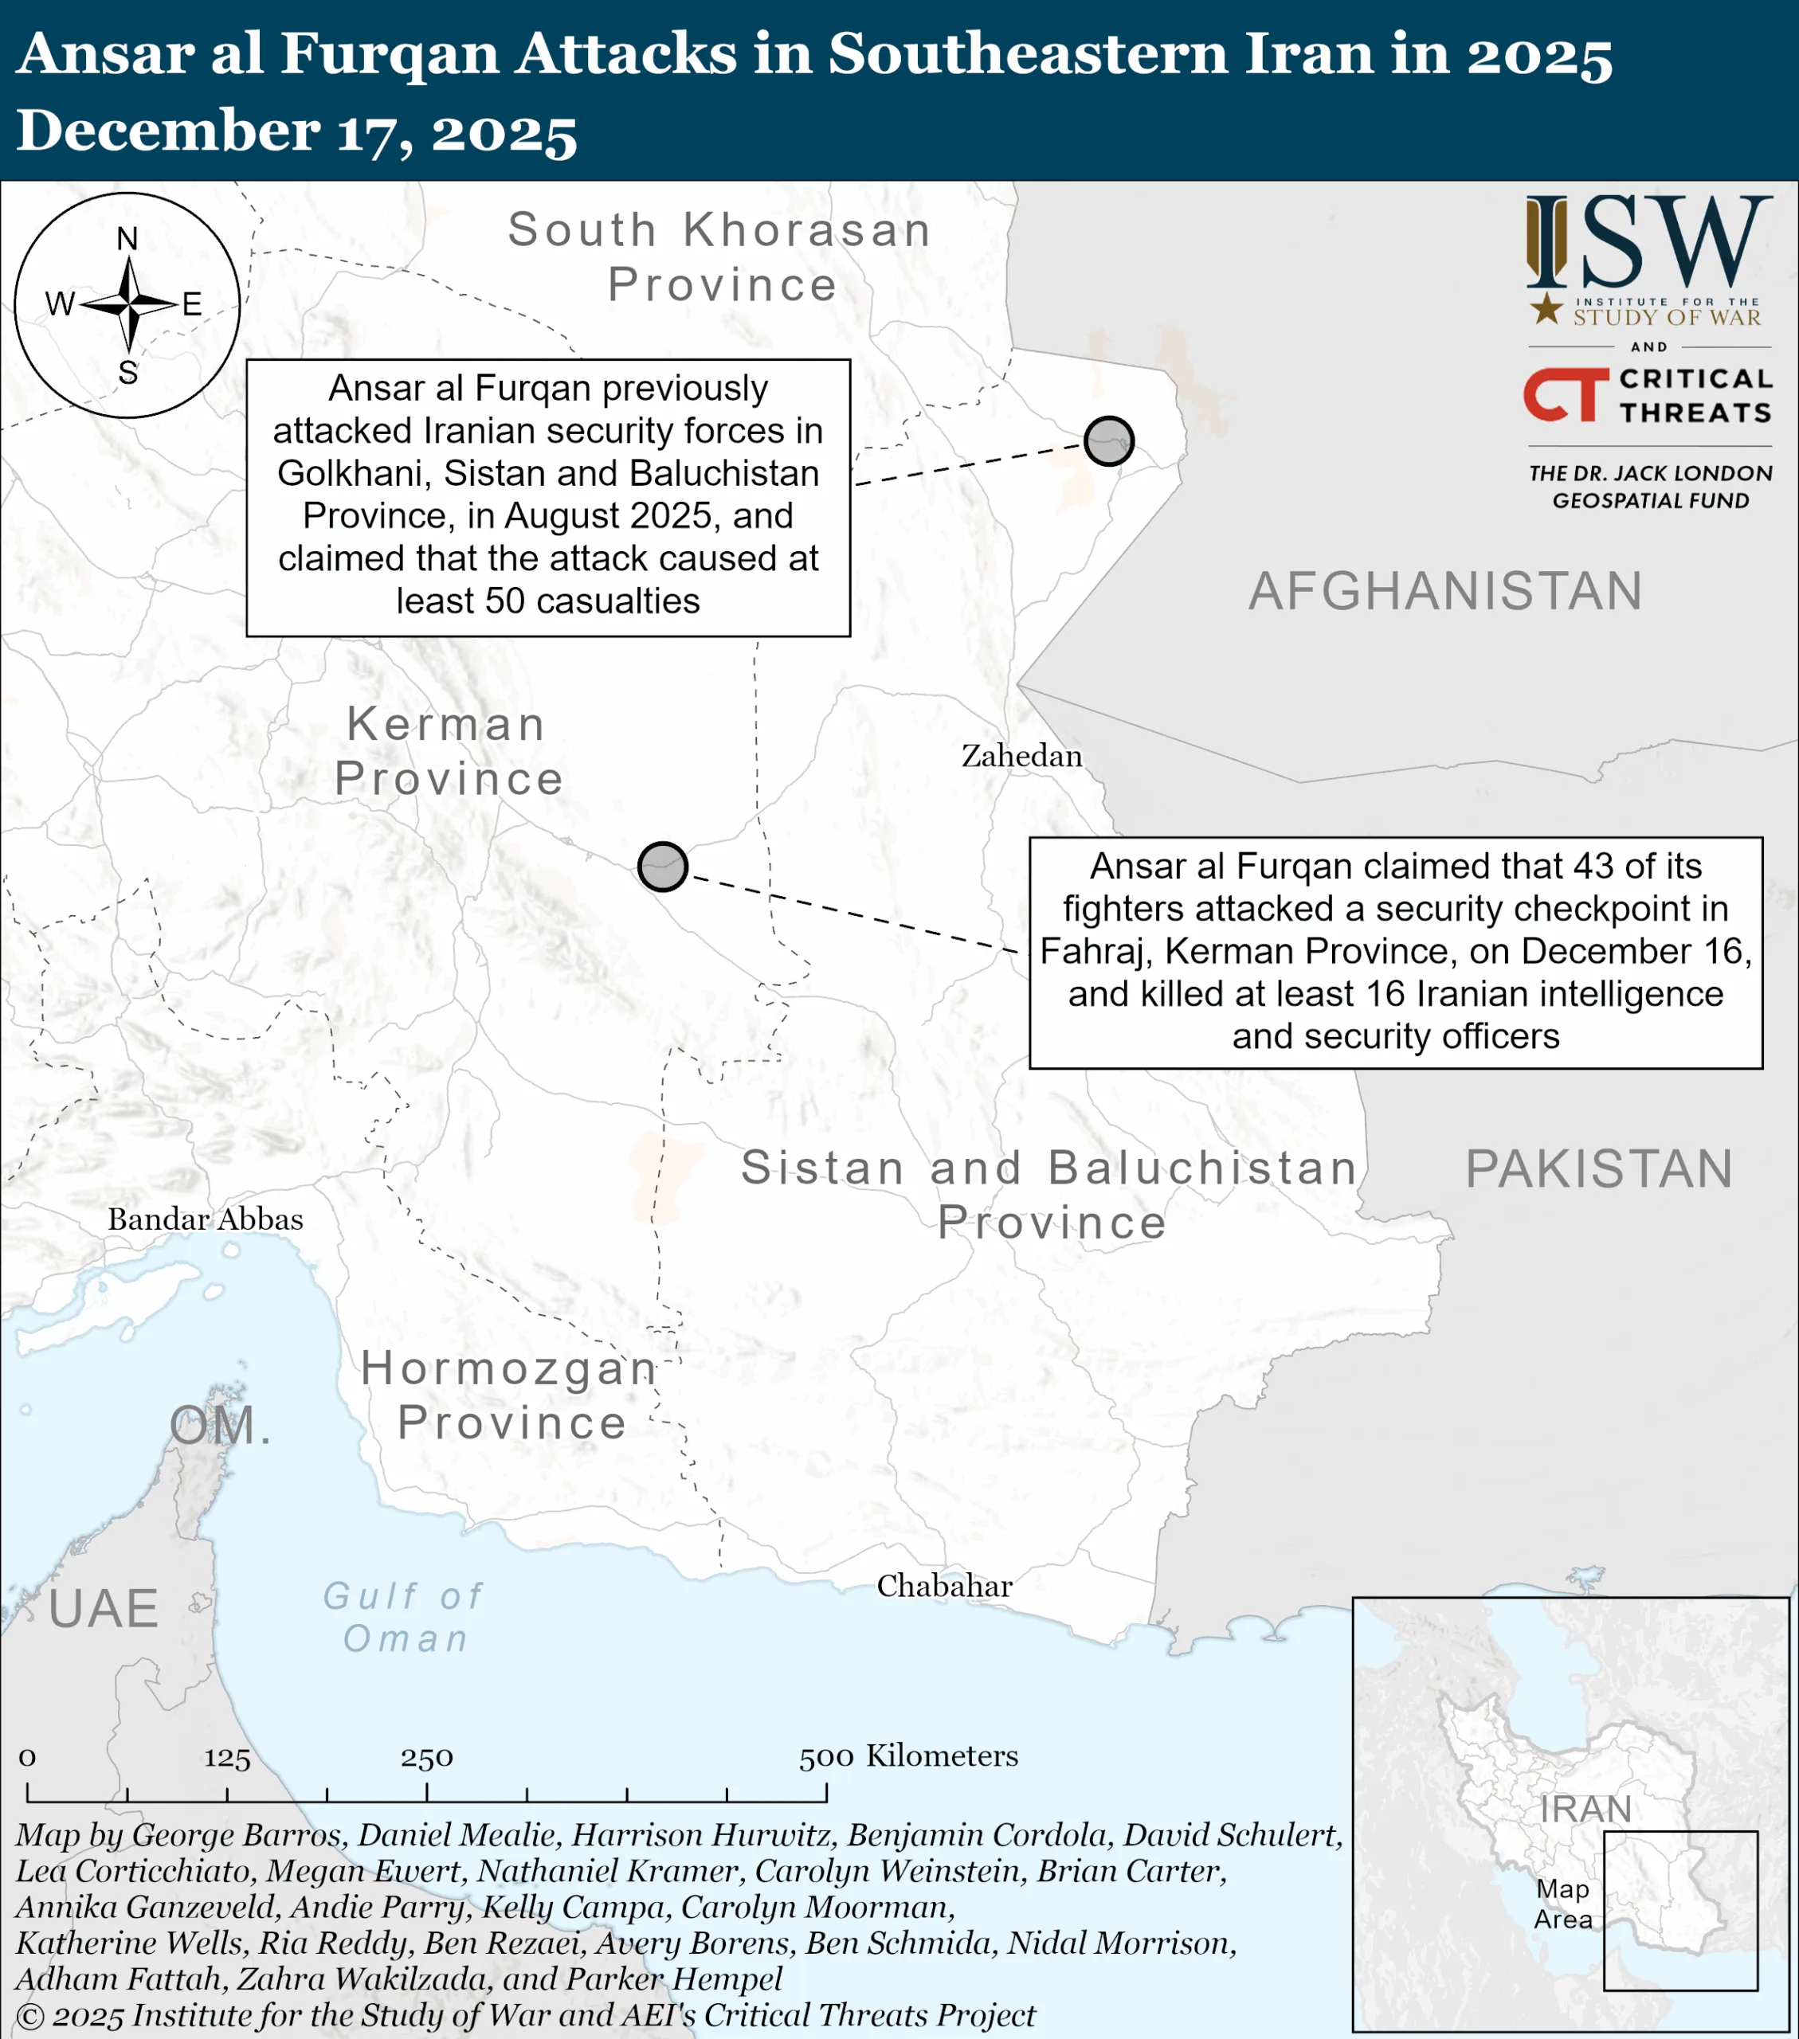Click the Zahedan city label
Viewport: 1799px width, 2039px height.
coord(1021,756)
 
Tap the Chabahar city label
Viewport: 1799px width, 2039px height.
coord(944,1586)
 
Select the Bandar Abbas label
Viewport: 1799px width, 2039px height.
coord(205,1219)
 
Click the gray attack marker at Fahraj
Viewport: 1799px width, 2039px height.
coord(663,866)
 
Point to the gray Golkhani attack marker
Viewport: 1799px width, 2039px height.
coord(1108,441)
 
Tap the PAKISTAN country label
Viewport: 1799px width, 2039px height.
coord(1598,1168)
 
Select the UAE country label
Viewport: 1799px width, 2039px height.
coord(104,1608)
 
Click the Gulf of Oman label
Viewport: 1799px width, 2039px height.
coord(404,1617)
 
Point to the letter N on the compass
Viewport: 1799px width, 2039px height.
coord(127,240)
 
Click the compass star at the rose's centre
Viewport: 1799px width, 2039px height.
coord(129,303)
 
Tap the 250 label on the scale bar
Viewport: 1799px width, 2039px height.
coord(427,1757)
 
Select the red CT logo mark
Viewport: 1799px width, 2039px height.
coord(1563,395)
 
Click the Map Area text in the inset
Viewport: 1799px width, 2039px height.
coord(1562,1904)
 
